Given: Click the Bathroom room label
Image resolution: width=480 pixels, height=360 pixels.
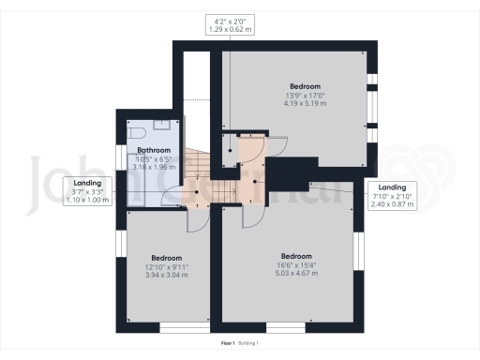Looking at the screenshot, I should pos(154,150).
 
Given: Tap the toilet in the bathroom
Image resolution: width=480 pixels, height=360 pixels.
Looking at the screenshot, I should pos(132,132).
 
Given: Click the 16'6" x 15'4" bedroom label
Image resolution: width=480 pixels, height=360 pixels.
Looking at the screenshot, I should pos(296,265).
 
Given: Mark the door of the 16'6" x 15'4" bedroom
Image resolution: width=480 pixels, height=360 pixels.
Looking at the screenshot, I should pos(251,217).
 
